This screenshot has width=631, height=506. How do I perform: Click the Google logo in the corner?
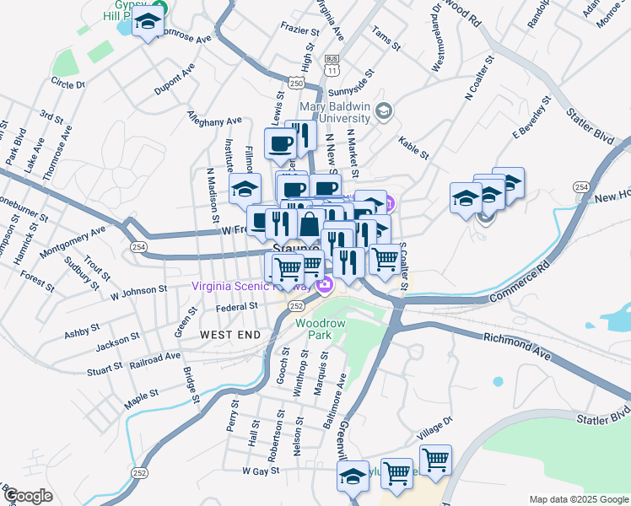click(x=27, y=496)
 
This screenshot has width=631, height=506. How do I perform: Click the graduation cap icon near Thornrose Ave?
click(x=148, y=23)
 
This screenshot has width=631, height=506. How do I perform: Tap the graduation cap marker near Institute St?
click(x=245, y=190)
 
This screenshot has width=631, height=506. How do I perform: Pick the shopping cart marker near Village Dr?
click(x=435, y=460)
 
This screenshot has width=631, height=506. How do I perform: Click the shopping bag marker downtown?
click(x=310, y=224)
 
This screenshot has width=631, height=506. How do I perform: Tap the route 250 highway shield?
click(x=295, y=83)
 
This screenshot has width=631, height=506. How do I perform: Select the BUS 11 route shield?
click(x=332, y=63)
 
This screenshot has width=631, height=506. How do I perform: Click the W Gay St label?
click(x=261, y=471)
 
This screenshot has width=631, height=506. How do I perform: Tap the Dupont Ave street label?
click(x=174, y=78)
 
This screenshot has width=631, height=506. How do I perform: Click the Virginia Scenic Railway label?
click(x=241, y=285)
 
